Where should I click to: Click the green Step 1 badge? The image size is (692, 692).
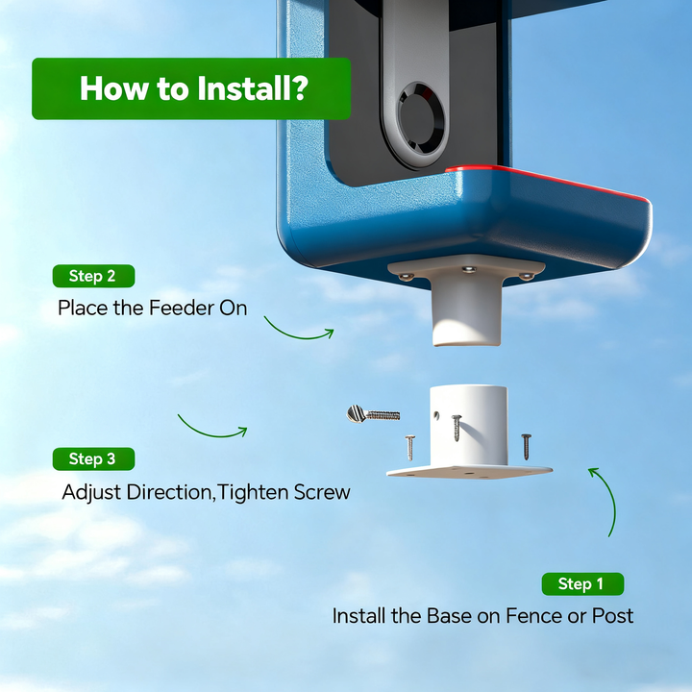click(582, 584)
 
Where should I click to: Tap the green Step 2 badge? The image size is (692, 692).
click(93, 276)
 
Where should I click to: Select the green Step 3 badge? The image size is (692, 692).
click(93, 459)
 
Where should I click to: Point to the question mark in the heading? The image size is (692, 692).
click(300, 88)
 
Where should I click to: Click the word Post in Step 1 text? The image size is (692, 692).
click(612, 616)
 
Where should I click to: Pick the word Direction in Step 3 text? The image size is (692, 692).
click(168, 492)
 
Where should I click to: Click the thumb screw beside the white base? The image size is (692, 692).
click(373, 414)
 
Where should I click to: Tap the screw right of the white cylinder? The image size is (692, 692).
click(526, 447)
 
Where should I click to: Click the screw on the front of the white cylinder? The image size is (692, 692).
click(457, 427)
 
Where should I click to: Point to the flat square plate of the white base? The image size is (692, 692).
click(469, 471)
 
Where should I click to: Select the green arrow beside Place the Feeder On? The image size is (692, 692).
click(299, 338)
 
